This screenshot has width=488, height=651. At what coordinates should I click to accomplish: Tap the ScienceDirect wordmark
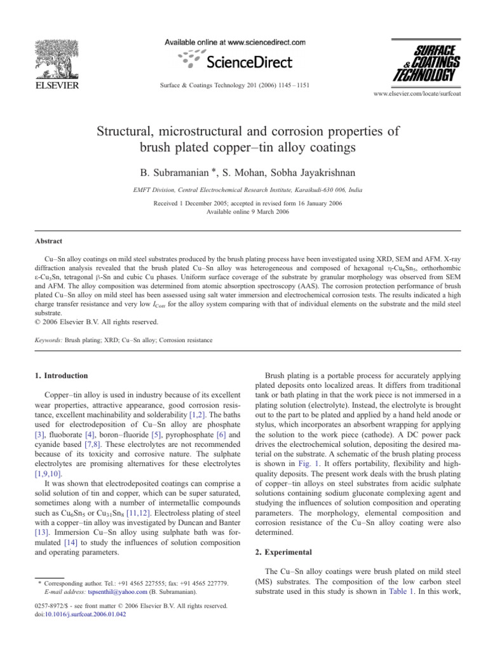click(248, 62)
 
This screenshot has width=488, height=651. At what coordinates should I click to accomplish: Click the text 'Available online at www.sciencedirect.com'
click(235, 42)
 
